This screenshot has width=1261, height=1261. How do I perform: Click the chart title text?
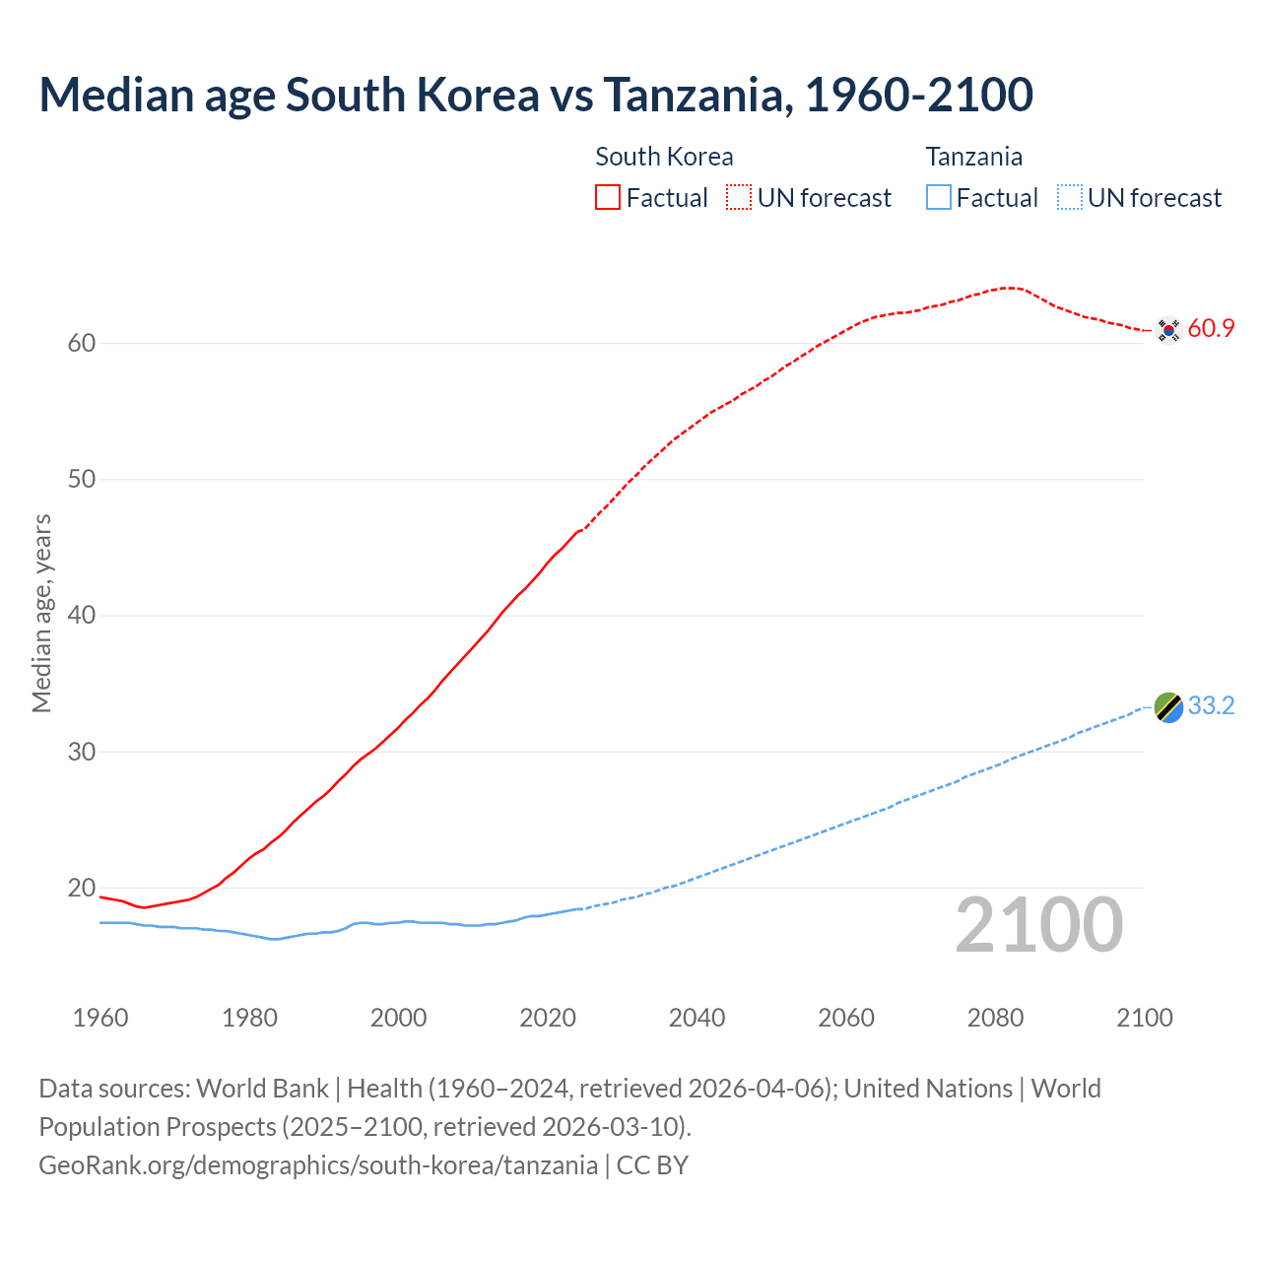click(536, 95)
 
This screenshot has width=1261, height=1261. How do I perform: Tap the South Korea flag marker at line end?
click(1168, 329)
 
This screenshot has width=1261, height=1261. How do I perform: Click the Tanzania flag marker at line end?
click(1168, 707)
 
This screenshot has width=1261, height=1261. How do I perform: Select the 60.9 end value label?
click(1211, 329)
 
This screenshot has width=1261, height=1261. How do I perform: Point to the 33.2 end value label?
click(1211, 706)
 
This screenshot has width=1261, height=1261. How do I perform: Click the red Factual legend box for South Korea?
click(608, 197)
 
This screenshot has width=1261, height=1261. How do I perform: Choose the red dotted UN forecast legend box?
click(739, 197)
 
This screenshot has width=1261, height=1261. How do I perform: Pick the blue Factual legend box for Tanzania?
click(939, 197)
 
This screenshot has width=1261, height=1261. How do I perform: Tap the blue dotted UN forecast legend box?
click(1070, 197)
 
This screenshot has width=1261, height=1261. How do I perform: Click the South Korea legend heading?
click(664, 157)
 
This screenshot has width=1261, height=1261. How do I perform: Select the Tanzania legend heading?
click(973, 157)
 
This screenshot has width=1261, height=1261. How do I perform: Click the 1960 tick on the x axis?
click(100, 1018)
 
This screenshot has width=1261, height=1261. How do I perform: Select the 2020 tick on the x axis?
click(548, 1018)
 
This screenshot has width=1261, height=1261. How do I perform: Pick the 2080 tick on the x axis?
click(995, 1018)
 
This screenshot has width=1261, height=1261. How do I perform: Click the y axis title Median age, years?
click(41, 613)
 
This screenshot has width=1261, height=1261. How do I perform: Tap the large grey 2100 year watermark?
click(1038, 925)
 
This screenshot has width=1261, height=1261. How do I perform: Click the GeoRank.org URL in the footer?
click(318, 1165)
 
